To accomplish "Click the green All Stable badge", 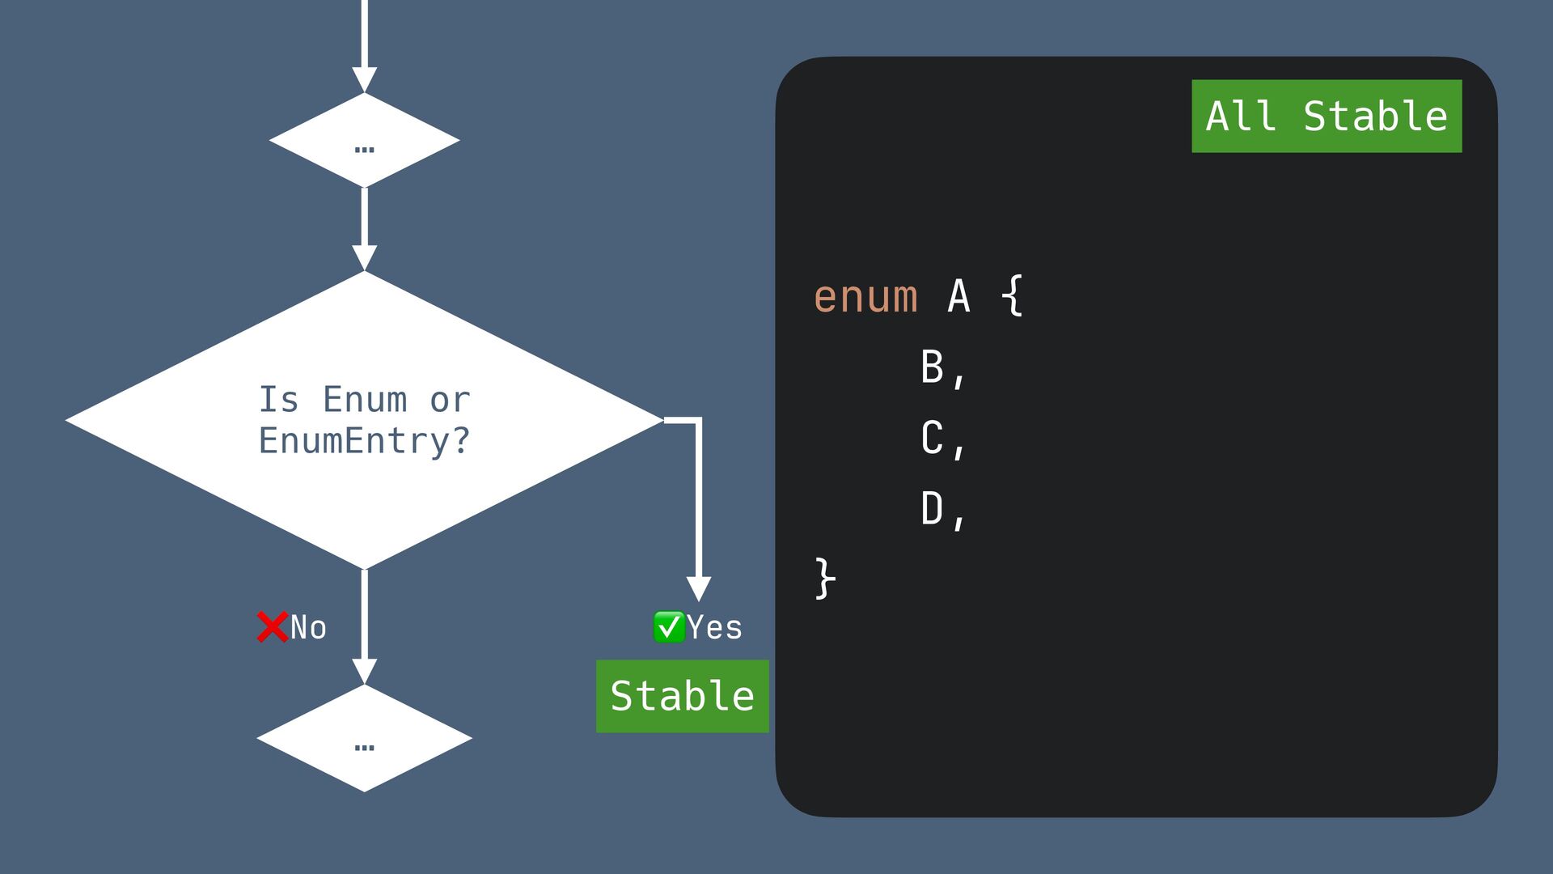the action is (x=1327, y=116).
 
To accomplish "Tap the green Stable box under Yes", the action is (x=682, y=696).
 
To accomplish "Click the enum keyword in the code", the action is (x=865, y=296).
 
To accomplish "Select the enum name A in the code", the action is (x=958, y=296).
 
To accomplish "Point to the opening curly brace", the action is (x=1012, y=296).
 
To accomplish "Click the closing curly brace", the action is (x=824, y=578).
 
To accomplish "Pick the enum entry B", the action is (x=933, y=367).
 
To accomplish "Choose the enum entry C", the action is (x=933, y=438).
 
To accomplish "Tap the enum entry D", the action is (x=933, y=509).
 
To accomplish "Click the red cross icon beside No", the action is (x=273, y=627).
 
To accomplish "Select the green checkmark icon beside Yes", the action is (x=669, y=627).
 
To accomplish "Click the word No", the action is (x=308, y=628).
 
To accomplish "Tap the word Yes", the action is (x=714, y=628).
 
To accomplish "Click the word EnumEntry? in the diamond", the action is (x=364, y=441).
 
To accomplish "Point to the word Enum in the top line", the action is (x=365, y=400).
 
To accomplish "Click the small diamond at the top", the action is (x=364, y=140).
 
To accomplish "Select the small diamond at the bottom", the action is (x=364, y=738).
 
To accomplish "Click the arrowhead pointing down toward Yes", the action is (x=699, y=588).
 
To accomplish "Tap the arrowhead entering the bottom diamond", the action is (x=365, y=671).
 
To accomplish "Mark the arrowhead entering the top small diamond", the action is (x=365, y=79).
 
